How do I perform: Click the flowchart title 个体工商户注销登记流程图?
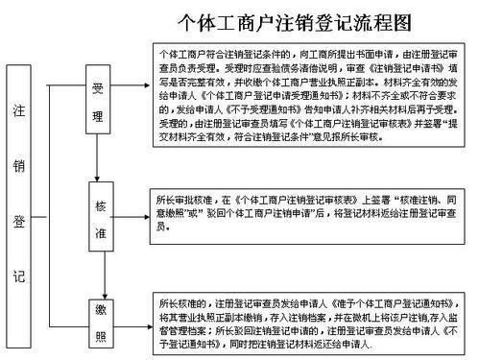tap(296, 20)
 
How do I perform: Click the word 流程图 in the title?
tap(386, 20)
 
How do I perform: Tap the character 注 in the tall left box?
tap(19, 111)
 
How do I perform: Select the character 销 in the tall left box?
tap(19, 165)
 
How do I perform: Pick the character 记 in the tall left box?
tap(19, 276)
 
